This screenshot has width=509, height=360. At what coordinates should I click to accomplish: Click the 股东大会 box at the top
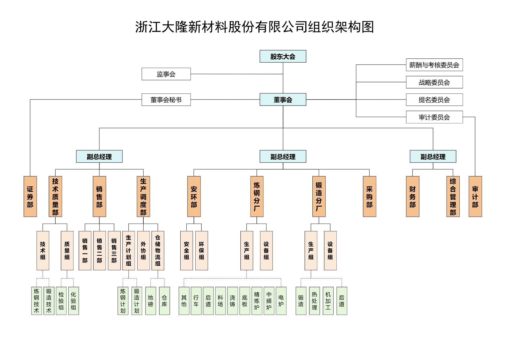[x=283, y=57]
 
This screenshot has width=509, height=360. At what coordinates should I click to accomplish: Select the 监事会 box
[x=166, y=74]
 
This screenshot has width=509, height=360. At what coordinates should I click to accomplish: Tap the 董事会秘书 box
[x=166, y=100]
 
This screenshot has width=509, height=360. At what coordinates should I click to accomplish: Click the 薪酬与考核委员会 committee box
[x=434, y=65]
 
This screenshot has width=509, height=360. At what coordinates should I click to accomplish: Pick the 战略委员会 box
[x=434, y=82]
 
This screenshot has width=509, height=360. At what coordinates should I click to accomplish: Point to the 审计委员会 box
[x=434, y=117]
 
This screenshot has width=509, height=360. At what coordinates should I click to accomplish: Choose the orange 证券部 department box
[x=30, y=197]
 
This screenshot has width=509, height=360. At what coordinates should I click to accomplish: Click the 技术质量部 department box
[x=55, y=197]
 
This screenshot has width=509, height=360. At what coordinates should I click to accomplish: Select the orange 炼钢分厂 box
[x=257, y=197]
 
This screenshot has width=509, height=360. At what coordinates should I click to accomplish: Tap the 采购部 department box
[x=369, y=197]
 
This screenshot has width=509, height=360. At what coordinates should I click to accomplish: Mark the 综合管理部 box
[x=453, y=197]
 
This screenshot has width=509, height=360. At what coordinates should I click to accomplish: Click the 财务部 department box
[x=413, y=197]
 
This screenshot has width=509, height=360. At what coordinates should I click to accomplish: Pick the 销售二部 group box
[x=100, y=250]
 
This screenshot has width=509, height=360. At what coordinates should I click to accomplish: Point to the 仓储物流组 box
[x=158, y=250]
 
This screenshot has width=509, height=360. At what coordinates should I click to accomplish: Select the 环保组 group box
[x=201, y=250]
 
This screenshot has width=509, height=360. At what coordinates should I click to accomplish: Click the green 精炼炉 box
[x=257, y=301]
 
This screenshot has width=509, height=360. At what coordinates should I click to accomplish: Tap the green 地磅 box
[x=151, y=301]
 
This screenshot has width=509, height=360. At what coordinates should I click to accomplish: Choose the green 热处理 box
[x=315, y=301]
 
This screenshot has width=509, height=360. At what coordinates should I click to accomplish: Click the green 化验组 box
[x=73, y=301]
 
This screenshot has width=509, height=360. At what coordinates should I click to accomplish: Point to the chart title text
[x=254, y=27]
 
